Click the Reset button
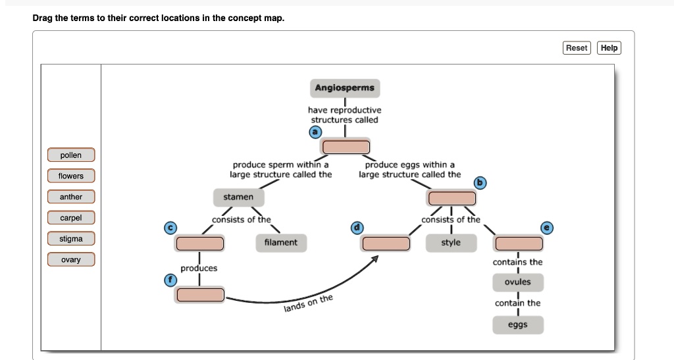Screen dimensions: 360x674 [577, 48]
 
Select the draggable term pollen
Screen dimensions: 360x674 [71, 155]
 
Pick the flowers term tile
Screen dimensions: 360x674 [71, 176]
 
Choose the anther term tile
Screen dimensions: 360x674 [71, 197]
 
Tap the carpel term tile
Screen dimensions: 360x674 [71, 218]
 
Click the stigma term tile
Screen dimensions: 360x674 [71, 239]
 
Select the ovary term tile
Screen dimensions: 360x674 [71, 260]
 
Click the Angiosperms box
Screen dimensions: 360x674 [344, 88]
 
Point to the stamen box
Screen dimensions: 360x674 [238, 197]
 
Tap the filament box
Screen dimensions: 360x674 [280, 243]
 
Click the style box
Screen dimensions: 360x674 [451, 243]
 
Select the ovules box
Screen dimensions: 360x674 [517, 282]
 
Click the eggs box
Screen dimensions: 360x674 [517, 325]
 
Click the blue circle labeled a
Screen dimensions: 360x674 [315, 132]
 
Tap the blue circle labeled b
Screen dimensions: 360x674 [480, 182]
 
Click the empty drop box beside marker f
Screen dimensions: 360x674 [199, 295]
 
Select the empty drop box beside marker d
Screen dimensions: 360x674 [386, 244]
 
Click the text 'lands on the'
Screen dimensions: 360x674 [309, 304]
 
